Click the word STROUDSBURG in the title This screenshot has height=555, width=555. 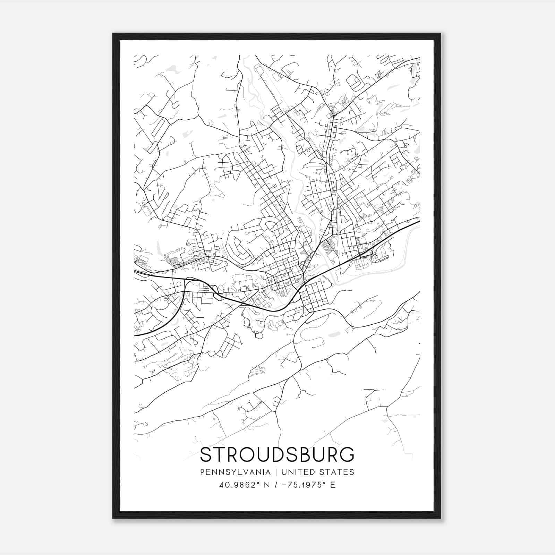tap(277, 454)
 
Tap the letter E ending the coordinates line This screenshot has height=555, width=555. tap(333, 485)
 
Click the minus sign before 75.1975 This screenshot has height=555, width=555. tap(284, 485)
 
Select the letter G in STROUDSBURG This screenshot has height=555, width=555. tap(347, 454)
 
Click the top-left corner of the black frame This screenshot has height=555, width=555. tap(113, 34)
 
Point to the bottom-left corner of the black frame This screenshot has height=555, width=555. tap(113, 518)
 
